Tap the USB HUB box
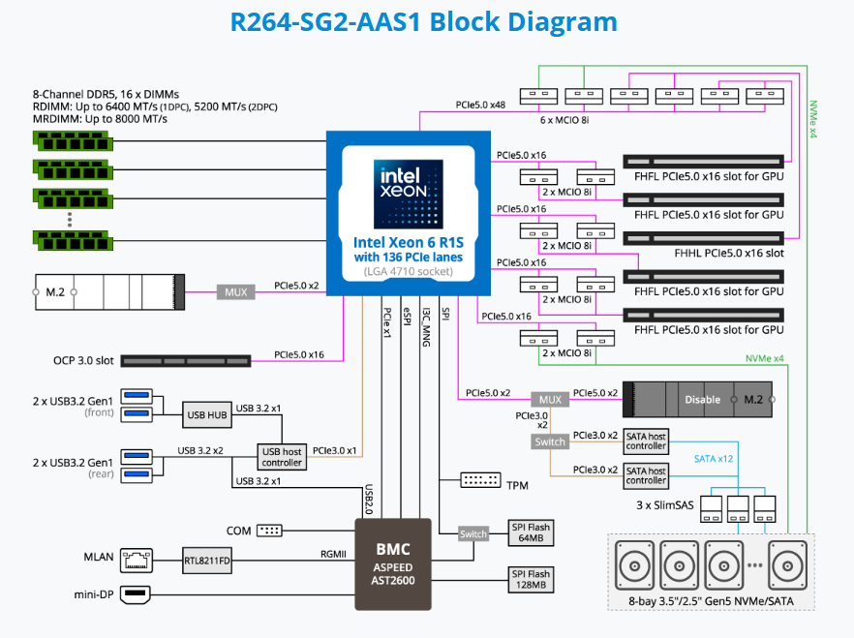tap(206, 415)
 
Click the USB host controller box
tap(282, 456)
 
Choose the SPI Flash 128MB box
tap(530, 579)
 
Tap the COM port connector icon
tap(270, 531)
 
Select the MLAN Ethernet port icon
tap(139, 559)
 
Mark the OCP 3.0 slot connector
tap(183, 360)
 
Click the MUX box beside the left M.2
tap(236, 290)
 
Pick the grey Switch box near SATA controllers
tap(550, 441)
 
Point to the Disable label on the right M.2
tap(702, 399)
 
